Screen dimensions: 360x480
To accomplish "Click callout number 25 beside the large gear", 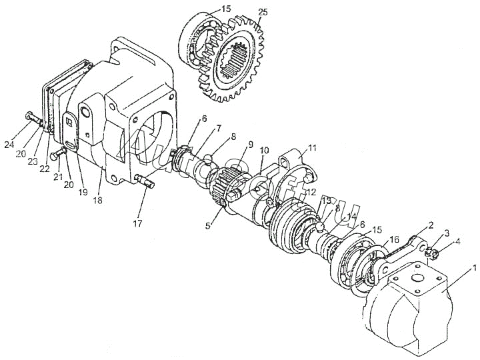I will click(263, 13).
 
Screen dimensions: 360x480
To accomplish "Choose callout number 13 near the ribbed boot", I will click(326, 200).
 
